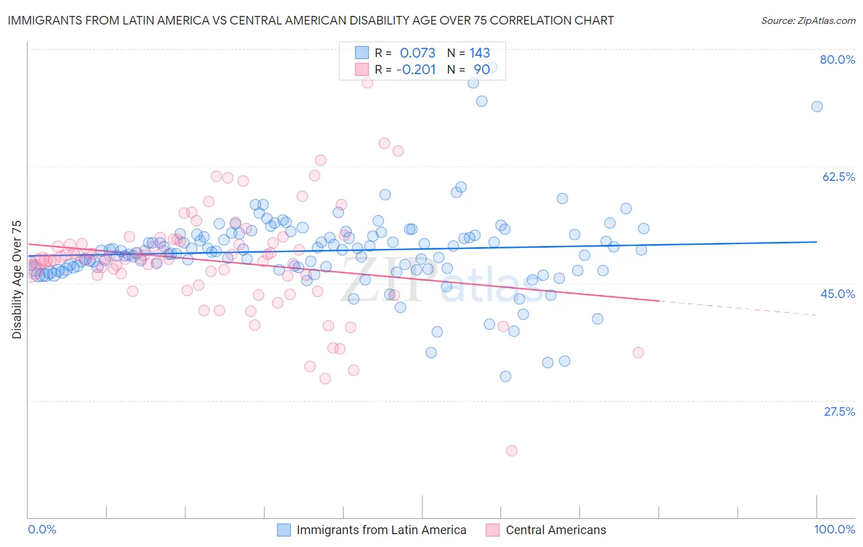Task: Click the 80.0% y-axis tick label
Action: point(837,59)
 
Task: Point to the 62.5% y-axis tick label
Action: point(838,177)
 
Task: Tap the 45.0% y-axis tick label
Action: point(838,294)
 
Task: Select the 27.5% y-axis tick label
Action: point(839,411)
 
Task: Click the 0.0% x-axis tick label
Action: point(42,529)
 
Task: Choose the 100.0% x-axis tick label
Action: point(834,529)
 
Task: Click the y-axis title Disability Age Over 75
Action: point(17,279)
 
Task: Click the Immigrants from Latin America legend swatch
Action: point(284,530)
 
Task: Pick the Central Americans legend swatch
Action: point(493,530)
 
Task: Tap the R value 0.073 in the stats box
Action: point(417,53)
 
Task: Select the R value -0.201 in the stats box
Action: point(416,69)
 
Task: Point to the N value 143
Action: point(479,53)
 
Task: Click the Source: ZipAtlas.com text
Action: point(808,20)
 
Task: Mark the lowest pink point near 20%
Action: point(511,451)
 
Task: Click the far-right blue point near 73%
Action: point(816,107)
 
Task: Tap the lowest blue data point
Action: point(505,377)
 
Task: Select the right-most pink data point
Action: point(638,353)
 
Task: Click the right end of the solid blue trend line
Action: point(816,242)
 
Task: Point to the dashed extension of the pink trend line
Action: point(737,308)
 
